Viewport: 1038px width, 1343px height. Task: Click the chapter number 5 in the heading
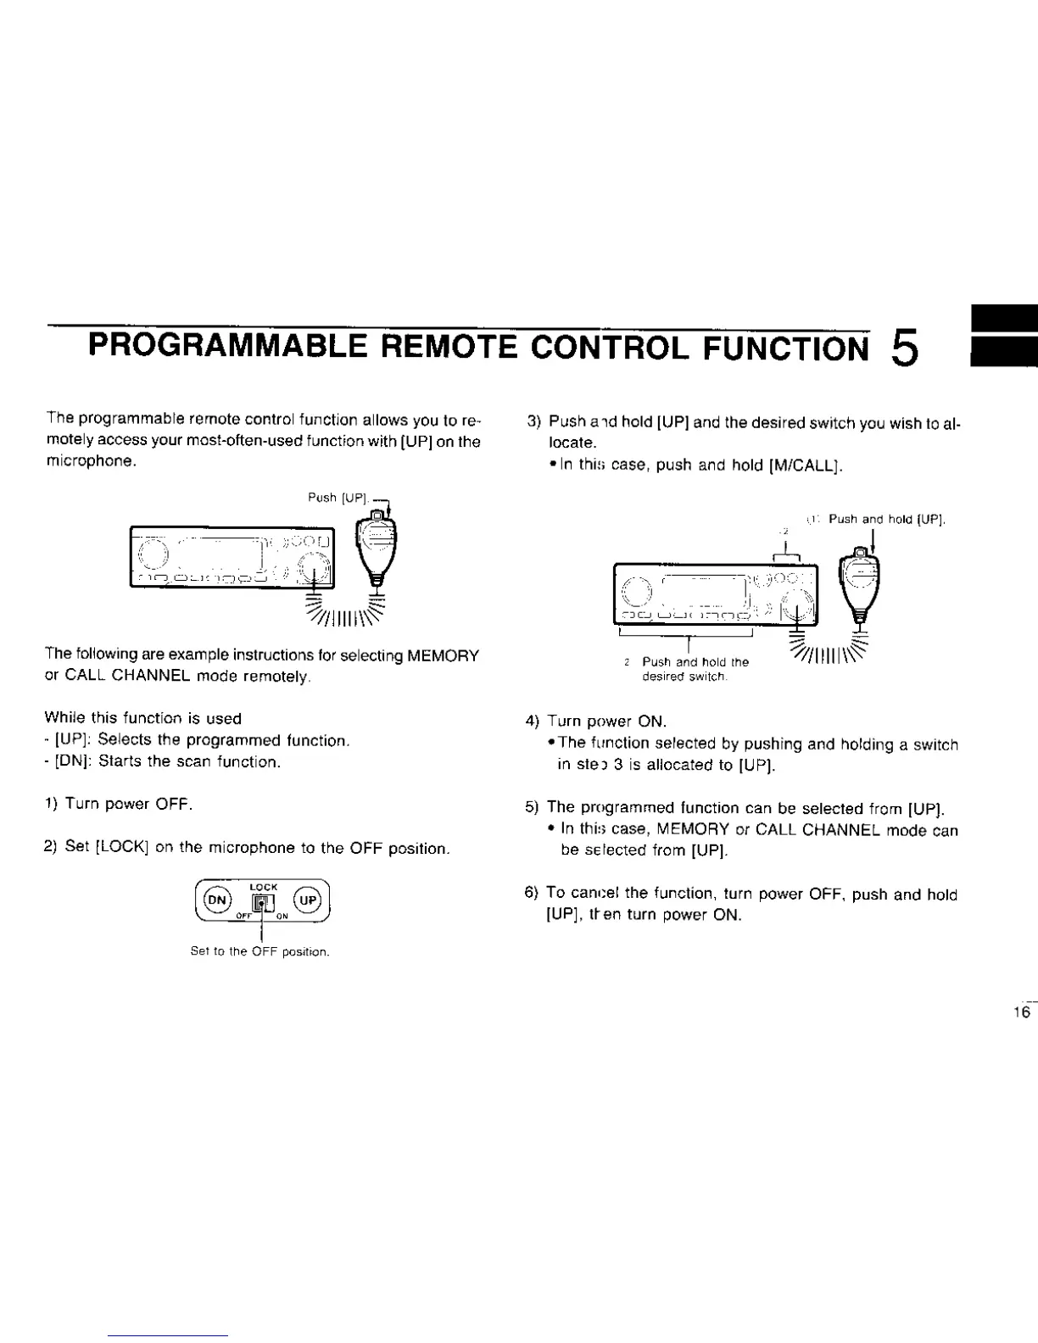[905, 348]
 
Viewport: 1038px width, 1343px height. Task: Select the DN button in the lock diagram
[219, 899]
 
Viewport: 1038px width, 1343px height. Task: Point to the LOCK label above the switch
[264, 886]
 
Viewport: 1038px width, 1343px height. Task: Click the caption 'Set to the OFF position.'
[259, 951]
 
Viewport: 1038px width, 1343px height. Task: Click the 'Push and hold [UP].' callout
[886, 519]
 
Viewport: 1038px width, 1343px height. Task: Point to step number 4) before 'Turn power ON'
[532, 722]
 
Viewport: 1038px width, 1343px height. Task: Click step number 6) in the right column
[532, 893]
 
